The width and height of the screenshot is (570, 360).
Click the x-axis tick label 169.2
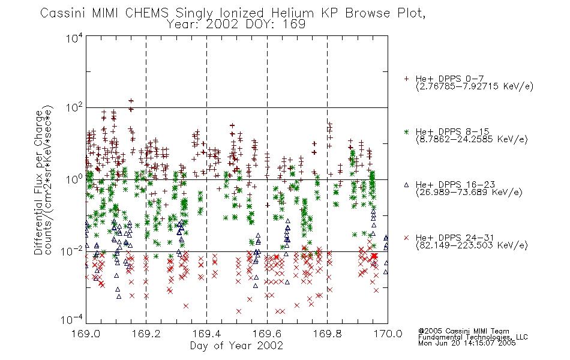[x=146, y=334]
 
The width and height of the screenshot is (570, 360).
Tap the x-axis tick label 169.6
[x=267, y=334]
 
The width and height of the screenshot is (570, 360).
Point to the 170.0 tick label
[x=388, y=334]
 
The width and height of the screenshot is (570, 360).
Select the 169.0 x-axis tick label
[x=86, y=334]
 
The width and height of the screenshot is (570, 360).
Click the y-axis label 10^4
[x=74, y=38]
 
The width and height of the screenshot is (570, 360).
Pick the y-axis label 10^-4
[x=71, y=319]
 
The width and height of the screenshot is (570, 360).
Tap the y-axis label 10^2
[x=74, y=108]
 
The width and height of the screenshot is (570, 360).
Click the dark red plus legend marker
[x=406, y=79]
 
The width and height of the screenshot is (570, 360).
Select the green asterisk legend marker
[x=406, y=131]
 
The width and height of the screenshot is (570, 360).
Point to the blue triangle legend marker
[x=406, y=185]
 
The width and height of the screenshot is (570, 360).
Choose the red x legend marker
[x=406, y=238]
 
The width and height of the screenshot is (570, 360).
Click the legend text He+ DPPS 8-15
[x=452, y=131]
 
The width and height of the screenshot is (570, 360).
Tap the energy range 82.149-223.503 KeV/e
[x=472, y=245]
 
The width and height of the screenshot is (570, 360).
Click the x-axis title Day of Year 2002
[x=236, y=346]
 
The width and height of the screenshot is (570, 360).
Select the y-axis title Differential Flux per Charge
[x=38, y=182]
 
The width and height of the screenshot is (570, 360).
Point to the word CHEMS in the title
[x=147, y=13]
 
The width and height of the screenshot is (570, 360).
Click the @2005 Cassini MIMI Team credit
[x=463, y=331]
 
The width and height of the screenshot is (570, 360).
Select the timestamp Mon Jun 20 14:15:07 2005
[x=467, y=343]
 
